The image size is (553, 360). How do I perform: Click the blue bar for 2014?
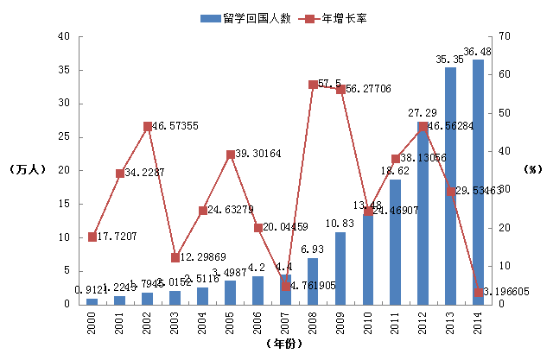pos(478,181)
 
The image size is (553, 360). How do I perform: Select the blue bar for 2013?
pos(451,186)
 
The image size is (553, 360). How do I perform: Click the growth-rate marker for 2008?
pos(313,85)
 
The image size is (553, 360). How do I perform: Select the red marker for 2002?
pos(148,127)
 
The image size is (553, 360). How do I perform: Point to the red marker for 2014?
pos(478,292)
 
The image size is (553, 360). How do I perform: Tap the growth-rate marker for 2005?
pos(231,155)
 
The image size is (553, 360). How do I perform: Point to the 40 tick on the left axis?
pos(63,36)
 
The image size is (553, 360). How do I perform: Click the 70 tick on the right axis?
pos(497,36)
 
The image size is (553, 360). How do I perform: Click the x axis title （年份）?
pos(285,344)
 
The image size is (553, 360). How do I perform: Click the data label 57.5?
pos(329,84)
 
